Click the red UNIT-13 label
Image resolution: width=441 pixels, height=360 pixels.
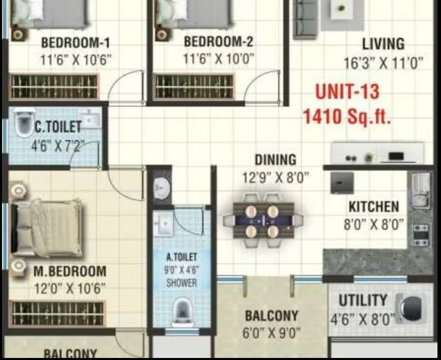[x=347, y=92]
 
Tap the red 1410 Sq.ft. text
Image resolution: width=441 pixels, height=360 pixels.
[x=347, y=117]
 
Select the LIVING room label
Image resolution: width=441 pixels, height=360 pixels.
[x=383, y=44]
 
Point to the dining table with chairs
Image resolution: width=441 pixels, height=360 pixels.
[x=263, y=221]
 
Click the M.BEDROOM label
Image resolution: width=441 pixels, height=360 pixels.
[x=70, y=271]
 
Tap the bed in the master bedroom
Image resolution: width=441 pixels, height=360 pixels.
[x=47, y=227]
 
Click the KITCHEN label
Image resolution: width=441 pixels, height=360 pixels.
[x=374, y=207]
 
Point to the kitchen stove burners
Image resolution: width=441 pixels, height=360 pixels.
[x=421, y=235]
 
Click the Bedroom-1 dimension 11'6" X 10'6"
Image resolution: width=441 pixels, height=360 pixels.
[x=75, y=60]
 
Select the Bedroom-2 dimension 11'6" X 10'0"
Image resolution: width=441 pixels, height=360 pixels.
[x=218, y=59]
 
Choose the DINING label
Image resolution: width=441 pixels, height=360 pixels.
[x=275, y=160]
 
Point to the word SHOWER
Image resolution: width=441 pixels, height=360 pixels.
[x=181, y=282]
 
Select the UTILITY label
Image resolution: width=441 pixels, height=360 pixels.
[x=363, y=300]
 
